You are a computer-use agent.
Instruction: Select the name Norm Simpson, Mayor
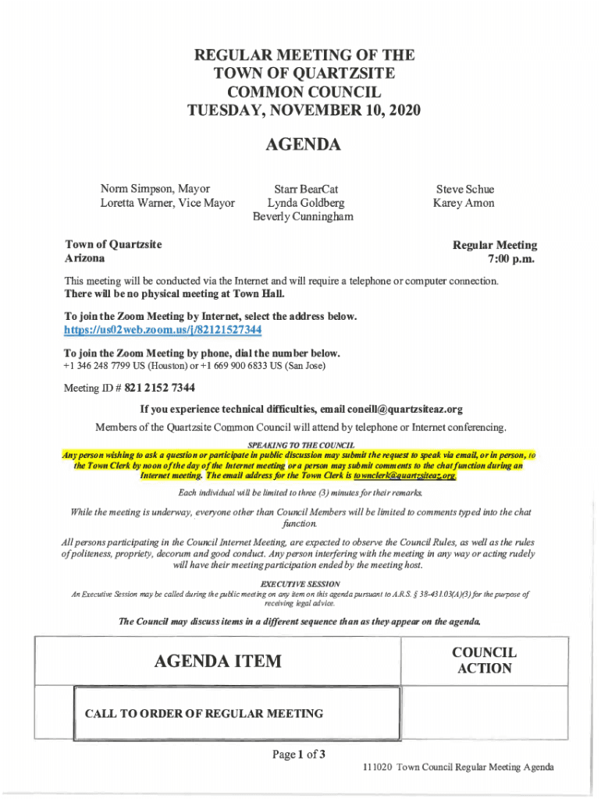coord(155,189)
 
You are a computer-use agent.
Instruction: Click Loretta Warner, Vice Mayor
coord(167,203)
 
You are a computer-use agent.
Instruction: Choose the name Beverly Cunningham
coord(303,216)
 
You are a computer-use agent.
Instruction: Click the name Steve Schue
coord(464,190)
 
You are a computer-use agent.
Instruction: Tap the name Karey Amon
coord(464,203)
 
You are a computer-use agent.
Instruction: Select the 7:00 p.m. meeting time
coord(512,258)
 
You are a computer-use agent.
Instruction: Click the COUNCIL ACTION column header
coord(484,660)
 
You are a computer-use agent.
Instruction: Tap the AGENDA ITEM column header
coord(218,662)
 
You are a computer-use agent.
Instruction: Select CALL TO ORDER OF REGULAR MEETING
coord(204,713)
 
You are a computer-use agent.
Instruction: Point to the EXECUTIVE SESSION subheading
coord(300,584)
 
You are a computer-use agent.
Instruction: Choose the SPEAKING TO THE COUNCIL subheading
coord(300,445)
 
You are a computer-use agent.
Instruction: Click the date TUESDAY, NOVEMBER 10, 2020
coord(304,111)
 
